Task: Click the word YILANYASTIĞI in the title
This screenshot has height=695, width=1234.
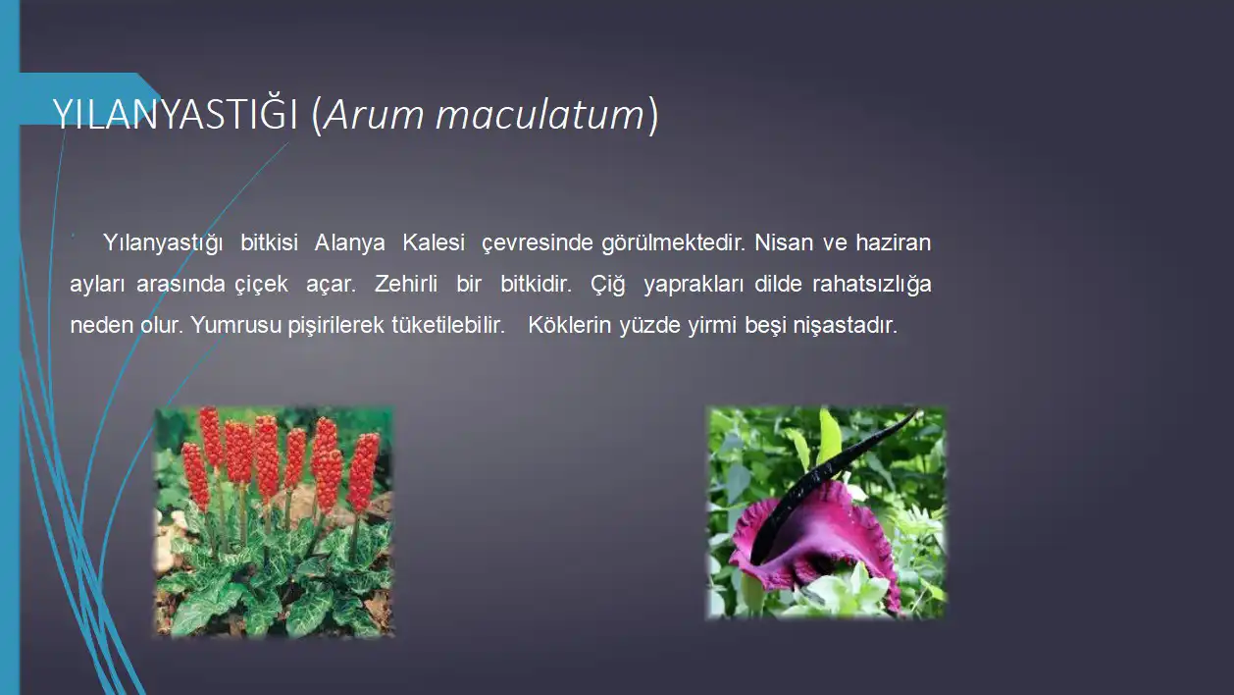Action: point(176,114)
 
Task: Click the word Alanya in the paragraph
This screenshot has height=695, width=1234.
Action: point(350,242)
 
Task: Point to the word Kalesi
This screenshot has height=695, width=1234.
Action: point(434,241)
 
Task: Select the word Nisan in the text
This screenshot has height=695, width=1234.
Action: point(784,242)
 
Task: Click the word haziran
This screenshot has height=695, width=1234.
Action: point(894,242)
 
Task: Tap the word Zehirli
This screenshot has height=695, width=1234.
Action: point(406,284)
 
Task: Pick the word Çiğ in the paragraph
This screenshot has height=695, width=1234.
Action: point(608,285)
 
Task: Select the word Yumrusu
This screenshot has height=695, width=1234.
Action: point(236,325)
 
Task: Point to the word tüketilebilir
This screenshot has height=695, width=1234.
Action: point(448,325)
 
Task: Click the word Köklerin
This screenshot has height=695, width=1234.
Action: point(569,325)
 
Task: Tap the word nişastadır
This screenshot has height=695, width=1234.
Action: point(846,326)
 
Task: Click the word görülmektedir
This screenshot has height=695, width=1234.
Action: point(673,243)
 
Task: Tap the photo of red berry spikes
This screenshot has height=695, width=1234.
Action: point(274,522)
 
